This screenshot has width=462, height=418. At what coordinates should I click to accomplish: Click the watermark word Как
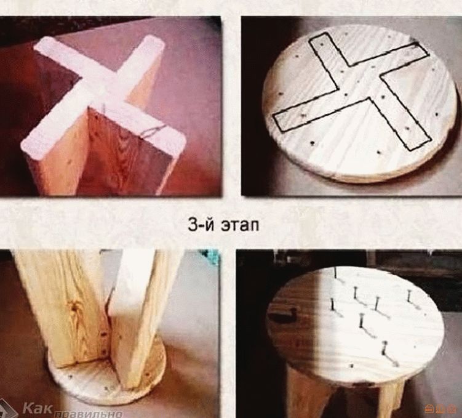(38, 408)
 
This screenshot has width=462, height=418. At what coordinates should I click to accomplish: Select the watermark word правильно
(88, 413)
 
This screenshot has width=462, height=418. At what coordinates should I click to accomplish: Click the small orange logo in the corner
(437, 410)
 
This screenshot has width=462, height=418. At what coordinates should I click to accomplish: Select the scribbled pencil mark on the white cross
(153, 131)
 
